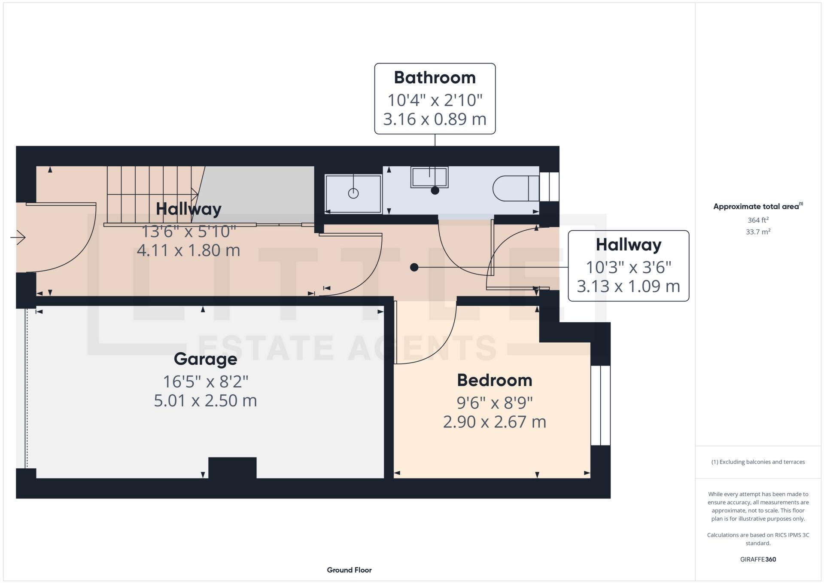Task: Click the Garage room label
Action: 205,359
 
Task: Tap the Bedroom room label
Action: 494,380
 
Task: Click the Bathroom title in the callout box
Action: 435,78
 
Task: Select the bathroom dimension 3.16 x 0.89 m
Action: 435,119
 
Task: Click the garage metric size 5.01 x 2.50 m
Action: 205,400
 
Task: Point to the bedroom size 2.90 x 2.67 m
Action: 494,422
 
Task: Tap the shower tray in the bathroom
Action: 353,193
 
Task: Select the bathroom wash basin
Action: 429,177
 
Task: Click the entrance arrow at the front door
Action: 18,237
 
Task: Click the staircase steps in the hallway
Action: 150,193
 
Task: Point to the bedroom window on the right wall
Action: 600,405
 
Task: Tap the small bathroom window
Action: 549,186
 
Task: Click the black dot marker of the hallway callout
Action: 414,267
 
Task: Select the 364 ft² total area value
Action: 758,220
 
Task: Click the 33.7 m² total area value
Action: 758,232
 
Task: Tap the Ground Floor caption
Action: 349,570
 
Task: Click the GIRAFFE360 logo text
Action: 758,559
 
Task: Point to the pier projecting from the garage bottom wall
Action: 232,468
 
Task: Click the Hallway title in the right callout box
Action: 628,245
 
